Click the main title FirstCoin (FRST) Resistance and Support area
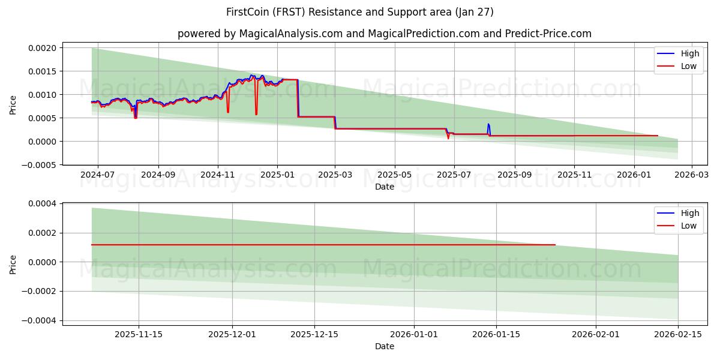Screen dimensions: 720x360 coord(360,12)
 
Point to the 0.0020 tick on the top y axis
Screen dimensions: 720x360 coord(44,48)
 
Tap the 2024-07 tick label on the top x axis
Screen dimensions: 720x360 coord(98,175)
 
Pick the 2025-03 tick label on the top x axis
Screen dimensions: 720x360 coord(335,175)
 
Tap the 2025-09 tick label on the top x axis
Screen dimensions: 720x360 coord(514,175)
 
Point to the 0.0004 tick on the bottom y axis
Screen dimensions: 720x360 coord(44,204)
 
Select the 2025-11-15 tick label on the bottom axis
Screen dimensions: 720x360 coord(139,334)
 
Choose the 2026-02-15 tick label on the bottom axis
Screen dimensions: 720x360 coord(678,334)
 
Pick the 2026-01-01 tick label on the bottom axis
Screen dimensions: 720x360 coord(414,334)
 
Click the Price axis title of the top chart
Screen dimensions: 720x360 coord(13,105)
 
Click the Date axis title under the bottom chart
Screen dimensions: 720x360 coord(385,346)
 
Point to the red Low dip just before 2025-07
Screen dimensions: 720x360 coord(448,138)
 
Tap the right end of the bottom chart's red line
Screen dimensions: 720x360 coord(555,245)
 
